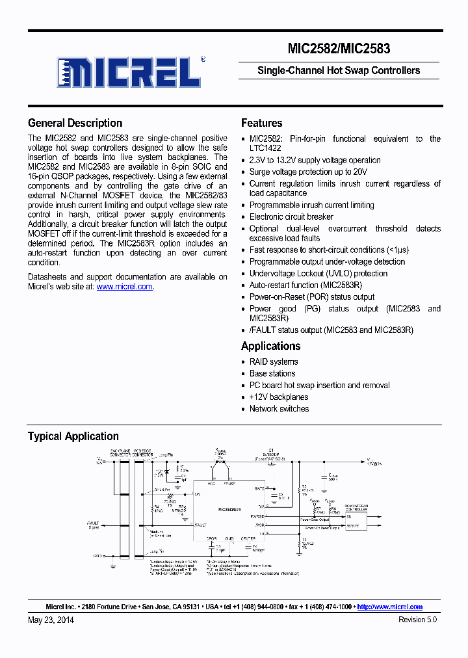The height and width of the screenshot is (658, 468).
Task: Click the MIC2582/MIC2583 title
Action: tap(338, 48)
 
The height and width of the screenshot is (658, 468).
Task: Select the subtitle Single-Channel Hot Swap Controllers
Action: tap(339, 70)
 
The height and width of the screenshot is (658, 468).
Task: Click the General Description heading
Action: tap(75, 123)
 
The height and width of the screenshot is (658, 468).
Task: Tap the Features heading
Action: tap(261, 123)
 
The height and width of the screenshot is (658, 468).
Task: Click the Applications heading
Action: tap(270, 346)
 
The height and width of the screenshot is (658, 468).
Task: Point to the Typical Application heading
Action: tap(73, 436)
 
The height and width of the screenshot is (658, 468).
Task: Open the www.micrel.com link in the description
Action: tap(124, 287)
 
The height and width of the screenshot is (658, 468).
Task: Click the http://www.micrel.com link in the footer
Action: tap(389, 607)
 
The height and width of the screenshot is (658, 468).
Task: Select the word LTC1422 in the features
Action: tap(265, 148)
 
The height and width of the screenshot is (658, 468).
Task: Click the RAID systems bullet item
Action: tap(274, 362)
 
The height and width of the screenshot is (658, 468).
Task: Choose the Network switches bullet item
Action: tap(279, 408)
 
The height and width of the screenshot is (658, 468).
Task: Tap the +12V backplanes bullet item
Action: tap(279, 397)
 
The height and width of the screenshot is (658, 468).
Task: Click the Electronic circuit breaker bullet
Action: tap(291, 217)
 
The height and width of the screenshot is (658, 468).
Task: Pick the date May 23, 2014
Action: tap(51, 620)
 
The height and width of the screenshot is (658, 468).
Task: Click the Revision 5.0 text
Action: tap(417, 620)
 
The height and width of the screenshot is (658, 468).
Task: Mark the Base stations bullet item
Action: tap(272, 373)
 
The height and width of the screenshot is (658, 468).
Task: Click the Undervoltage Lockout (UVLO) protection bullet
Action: tap(318, 273)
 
